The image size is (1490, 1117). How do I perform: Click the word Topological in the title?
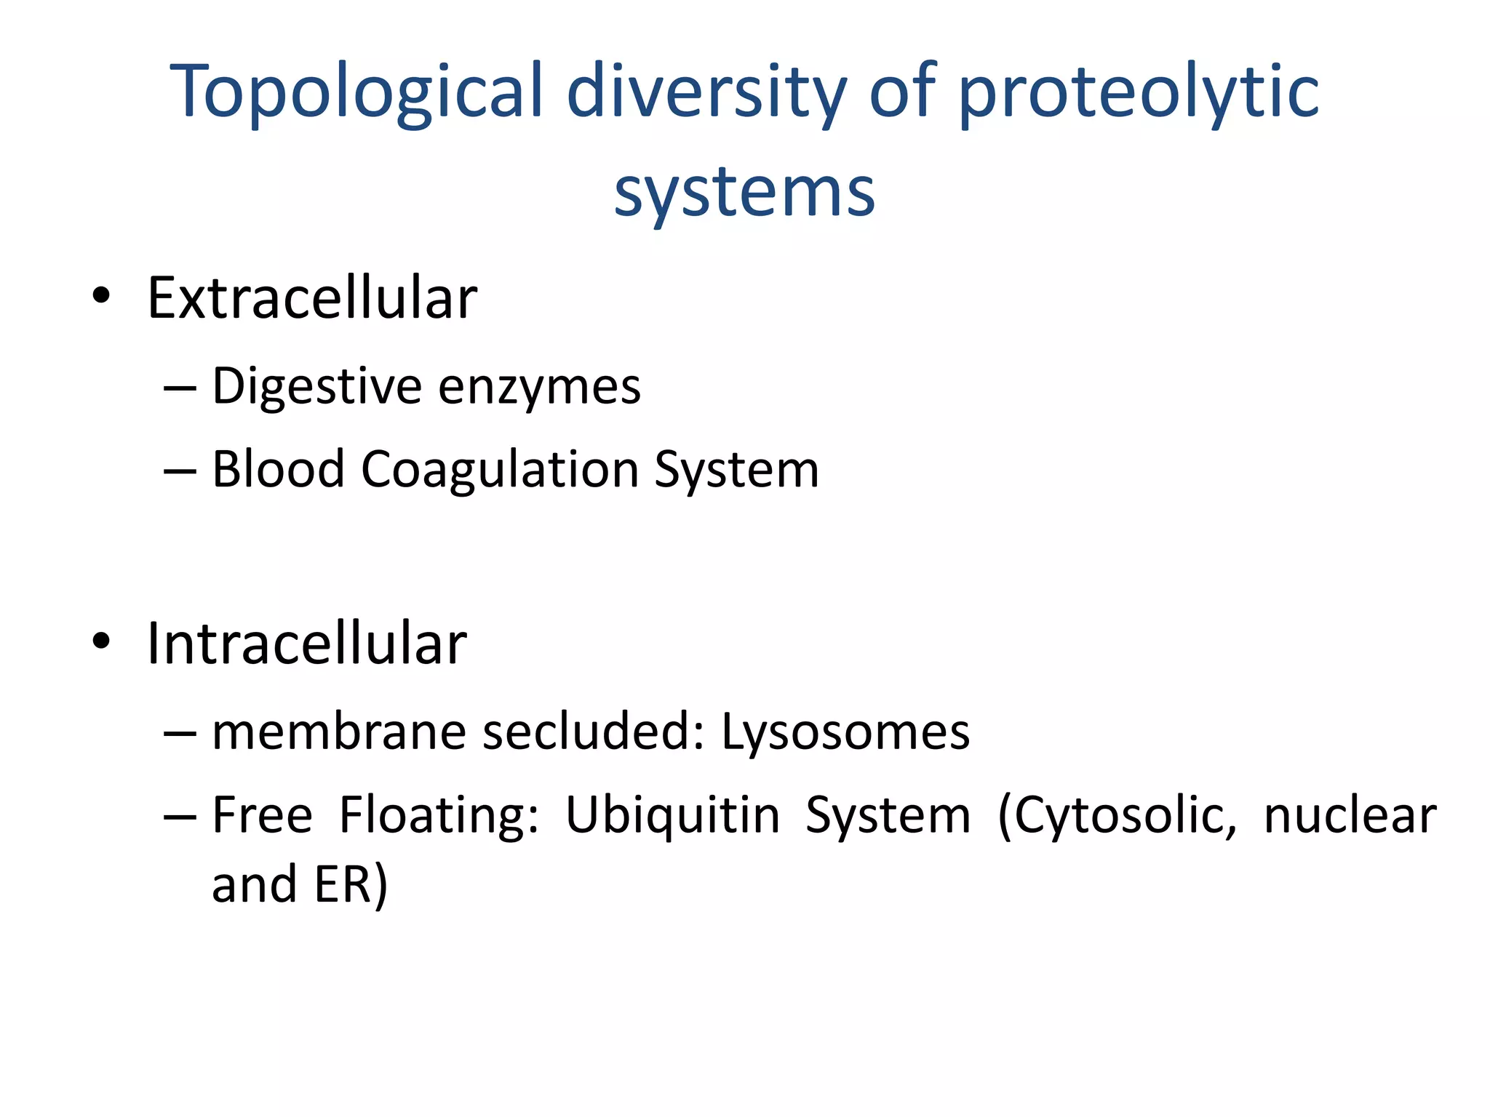point(356,92)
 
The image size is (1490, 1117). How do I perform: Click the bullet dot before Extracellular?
point(101,296)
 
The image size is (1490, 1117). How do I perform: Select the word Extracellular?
point(312,298)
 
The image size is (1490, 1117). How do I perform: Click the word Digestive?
point(316,387)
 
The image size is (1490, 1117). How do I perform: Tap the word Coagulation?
point(499,469)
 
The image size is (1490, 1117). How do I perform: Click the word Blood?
point(278,469)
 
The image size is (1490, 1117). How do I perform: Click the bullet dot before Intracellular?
point(101,641)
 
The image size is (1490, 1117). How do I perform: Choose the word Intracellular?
point(306,644)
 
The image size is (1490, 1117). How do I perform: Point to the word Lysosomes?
point(845,733)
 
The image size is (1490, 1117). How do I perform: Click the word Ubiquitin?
point(672,816)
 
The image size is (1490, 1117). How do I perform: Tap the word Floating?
point(439,816)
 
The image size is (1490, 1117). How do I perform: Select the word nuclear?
point(1350,816)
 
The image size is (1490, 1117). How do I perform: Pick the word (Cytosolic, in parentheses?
point(1117,816)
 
